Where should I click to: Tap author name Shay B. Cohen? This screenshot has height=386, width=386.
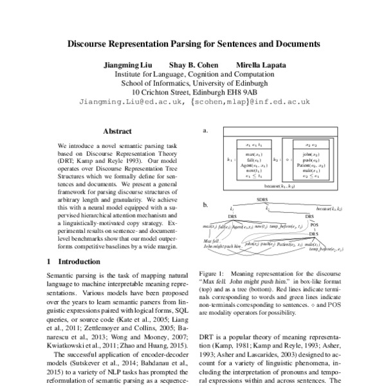(x=194, y=65)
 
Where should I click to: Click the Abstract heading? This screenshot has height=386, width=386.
(x=117, y=131)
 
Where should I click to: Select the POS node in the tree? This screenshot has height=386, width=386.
(x=315, y=225)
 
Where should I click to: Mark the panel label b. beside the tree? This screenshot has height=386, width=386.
(x=206, y=205)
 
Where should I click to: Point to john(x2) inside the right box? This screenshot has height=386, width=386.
(x=308, y=154)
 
